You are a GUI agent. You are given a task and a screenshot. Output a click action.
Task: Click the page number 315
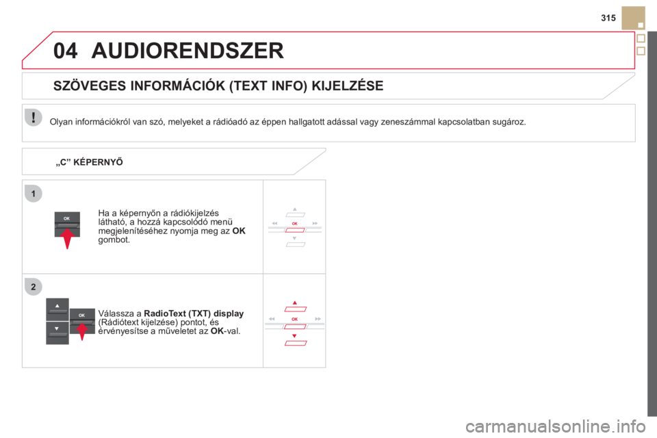608,18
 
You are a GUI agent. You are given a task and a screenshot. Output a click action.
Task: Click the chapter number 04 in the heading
66,51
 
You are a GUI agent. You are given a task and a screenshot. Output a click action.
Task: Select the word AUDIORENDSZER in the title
188,51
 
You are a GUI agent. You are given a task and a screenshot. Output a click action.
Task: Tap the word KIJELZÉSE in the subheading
348,86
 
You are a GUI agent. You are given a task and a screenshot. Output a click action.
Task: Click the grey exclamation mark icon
33,117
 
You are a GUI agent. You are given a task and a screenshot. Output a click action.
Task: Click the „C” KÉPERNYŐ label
89,162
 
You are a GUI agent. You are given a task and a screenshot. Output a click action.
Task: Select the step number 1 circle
34,194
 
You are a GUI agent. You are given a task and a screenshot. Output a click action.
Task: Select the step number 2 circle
34,287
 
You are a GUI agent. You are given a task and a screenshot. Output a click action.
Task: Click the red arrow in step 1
67,238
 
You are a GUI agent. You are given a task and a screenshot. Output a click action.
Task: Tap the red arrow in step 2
82,331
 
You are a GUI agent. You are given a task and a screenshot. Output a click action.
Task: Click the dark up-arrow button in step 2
57,309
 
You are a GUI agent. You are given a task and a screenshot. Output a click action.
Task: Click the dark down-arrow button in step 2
57,333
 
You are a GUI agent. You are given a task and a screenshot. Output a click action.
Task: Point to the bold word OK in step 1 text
239,231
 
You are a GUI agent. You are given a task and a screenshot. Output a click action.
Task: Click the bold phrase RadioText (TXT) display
194,313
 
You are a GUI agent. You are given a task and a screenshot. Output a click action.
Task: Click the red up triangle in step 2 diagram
294,302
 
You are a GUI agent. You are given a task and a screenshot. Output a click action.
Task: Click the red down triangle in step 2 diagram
294,336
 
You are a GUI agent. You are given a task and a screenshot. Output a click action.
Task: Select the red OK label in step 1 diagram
294,223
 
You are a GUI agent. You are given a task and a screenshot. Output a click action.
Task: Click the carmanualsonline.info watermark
555,426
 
